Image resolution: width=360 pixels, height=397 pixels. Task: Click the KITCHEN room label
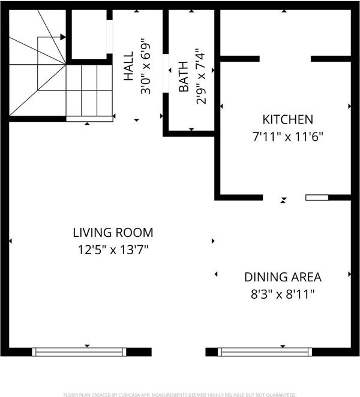(287, 119)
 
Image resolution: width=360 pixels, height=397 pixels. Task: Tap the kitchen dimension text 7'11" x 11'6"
(287, 137)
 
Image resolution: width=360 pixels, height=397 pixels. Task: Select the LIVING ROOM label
(113, 233)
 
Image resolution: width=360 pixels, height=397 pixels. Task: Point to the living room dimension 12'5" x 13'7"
(113, 250)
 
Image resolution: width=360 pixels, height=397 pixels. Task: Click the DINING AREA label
(283, 277)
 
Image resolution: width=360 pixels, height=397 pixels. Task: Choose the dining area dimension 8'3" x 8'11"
(283, 294)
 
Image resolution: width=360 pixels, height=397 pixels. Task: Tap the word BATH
(184, 76)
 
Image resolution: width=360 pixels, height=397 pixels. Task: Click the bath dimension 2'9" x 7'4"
(201, 76)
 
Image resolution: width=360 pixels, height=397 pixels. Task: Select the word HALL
(128, 66)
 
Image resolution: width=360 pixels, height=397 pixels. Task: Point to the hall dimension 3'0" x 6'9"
(146, 66)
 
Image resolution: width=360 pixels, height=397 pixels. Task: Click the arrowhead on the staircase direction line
(63, 37)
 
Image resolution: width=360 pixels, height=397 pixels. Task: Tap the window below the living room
(79, 352)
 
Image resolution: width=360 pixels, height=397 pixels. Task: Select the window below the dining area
(265, 352)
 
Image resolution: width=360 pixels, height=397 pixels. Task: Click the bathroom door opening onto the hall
(166, 73)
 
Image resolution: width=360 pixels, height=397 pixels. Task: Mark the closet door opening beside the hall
(109, 37)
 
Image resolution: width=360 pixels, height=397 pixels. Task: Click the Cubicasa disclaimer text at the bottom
(179, 395)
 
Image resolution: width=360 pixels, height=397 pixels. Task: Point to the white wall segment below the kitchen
(317, 197)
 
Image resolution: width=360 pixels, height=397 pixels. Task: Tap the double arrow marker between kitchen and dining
(283, 200)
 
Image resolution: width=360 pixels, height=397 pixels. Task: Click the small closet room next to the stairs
(89, 34)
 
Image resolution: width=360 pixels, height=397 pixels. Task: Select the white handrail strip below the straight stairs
(89, 119)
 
